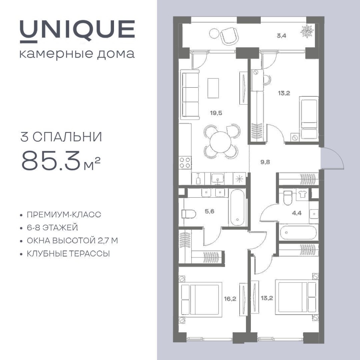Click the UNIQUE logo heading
[x=77, y=31]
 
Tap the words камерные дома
[x=77, y=54]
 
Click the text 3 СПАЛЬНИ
[x=61, y=137]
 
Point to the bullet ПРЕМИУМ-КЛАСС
[x=64, y=214]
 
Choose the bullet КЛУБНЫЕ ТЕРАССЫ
[x=68, y=254]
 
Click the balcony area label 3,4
[x=282, y=36]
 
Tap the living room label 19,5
[x=216, y=113]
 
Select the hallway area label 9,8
[x=265, y=162]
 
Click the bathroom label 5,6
[x=210, y=211]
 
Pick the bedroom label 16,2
[x=230, y=299]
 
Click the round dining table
[x=220, y=142]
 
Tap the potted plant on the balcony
[x=307, y=30]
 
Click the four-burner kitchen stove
[x=185, y=162]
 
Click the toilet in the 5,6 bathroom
[x=189, y=214]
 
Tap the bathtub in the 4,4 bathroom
[x=298, y=232]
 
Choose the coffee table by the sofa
[x=213, y=88]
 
